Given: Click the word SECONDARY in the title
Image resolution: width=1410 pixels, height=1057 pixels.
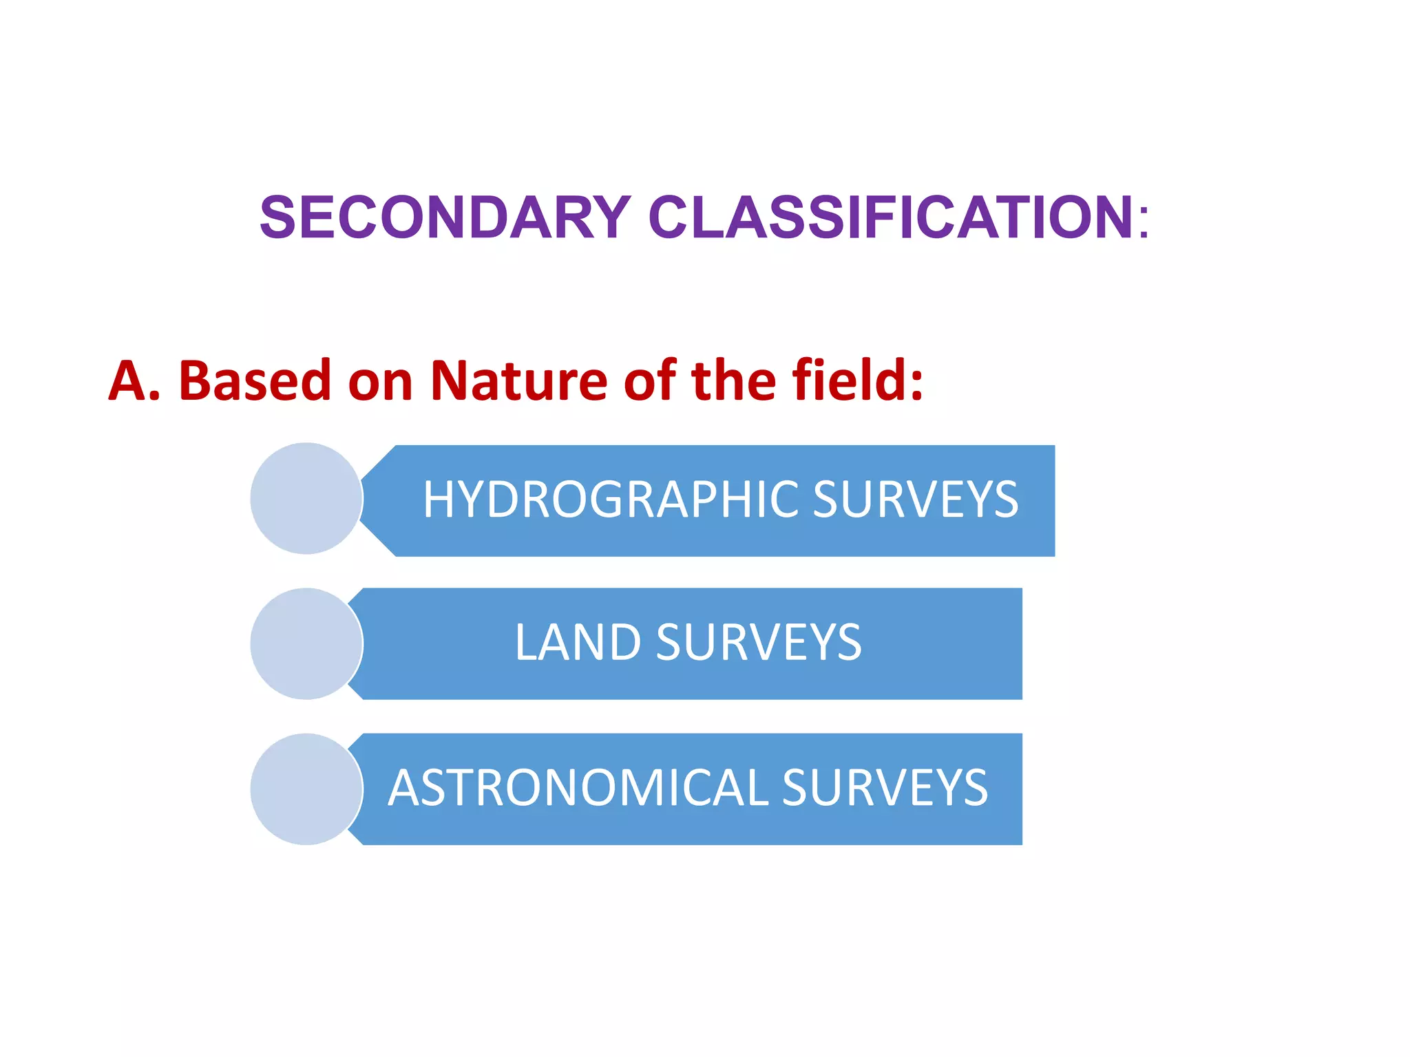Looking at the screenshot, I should [x=444, y=218].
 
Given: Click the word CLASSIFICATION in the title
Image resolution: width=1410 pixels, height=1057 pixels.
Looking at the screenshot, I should [x=891, y=218].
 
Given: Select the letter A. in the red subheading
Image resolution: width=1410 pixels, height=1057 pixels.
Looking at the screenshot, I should [x=134, y=381].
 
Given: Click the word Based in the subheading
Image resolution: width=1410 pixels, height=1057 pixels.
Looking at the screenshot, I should [x=255, y=381].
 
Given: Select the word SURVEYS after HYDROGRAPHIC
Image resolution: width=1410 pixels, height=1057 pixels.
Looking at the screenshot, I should [x=915, y=500].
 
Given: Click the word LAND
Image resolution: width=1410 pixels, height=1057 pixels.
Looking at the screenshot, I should [x=578, y=643].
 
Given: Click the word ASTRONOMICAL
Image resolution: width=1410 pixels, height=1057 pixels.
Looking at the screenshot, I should [x=578, y=788].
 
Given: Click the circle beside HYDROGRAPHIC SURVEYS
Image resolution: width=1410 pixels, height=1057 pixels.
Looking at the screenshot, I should [x=306, y=498].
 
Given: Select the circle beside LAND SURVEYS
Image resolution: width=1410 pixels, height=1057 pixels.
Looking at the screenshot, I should [x=306, y=643].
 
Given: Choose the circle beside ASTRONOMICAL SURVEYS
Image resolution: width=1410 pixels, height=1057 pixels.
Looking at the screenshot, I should [x=306, y=789].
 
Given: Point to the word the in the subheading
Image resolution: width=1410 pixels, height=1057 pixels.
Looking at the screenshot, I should [x=733, y=381].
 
